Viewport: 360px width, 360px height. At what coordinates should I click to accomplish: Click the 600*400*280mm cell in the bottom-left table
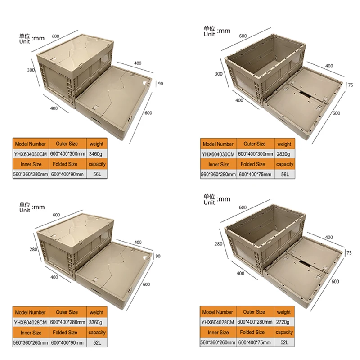pyautogui.click(x=68, y=322)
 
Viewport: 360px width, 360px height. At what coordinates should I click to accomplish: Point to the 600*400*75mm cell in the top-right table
pyautogui.click(x=255, y=175)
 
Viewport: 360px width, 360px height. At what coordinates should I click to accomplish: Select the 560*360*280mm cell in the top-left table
pyautogui.click(x=31, y=174)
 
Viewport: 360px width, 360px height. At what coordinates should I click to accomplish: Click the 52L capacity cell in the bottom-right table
pyautogui.click(x=284, y=342)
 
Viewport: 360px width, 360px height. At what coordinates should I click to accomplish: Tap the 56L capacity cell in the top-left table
pyautogui.click(x=97, y=174)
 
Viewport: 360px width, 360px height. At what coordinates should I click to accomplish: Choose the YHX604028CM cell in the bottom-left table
pyautogui.click(x=31, y=322)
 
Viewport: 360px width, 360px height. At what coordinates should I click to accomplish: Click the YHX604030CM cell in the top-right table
pyautogui.click(x=218, y=154)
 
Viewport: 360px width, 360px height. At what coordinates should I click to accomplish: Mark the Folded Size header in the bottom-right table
pyautogui.click(x=252, y=332)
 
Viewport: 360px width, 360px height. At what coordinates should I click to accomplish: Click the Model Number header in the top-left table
pyautogui.click(x=30, y=144)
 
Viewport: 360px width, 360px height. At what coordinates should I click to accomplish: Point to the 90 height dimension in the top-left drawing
pyautogui.click(x=161, y=84)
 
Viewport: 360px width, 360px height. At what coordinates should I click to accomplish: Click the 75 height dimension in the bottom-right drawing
pyautogui.click(x=349, y=253)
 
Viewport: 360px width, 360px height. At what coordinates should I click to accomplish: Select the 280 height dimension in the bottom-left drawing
pyautogui.click(x=33, y=249)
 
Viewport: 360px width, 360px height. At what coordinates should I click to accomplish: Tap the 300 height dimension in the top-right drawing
pyautogui.click(x=219, y=74)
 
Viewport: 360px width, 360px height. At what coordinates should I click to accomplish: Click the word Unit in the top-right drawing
pyautogui.click(x=209, y=35)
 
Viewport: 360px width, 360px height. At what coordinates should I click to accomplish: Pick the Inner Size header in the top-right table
pyautogui.click(x=219, y=164)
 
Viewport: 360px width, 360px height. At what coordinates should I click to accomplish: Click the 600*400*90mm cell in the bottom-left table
pyautogui.click(x=67, y=342)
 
